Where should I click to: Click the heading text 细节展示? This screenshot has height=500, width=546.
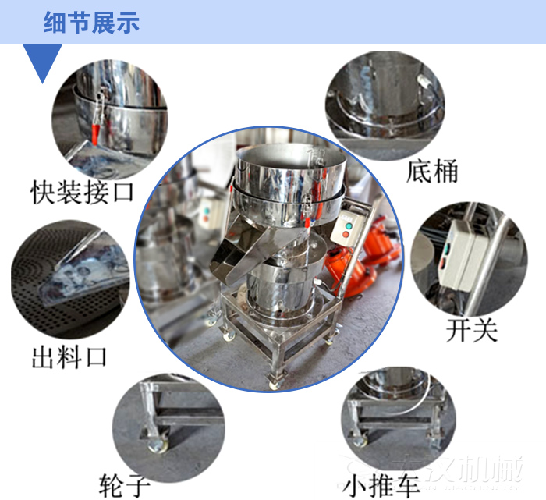point(91,23)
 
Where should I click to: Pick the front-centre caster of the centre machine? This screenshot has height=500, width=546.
point(273,381)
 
